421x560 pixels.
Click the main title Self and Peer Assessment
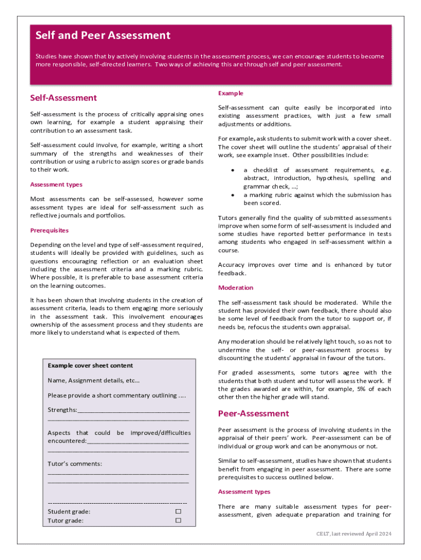point(103,36)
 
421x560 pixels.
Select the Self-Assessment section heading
point(63,98)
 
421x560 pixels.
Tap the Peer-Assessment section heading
point(253,413)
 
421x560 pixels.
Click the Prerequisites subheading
point(49,230)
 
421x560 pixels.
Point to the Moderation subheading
point(236,288)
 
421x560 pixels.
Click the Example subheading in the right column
point(231,94)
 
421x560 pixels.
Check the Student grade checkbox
point(178,511)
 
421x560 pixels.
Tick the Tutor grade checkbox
point(178,521)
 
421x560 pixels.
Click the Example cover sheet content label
point(90,365)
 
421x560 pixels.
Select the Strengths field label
point(62,410)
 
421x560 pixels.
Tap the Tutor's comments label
point(74,464)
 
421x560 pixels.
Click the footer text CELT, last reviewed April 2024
point(354,534)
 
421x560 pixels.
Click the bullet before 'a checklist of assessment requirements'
point(233,171)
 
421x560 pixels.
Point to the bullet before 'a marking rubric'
point(233,195)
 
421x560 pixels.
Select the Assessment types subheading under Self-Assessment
point(56,185)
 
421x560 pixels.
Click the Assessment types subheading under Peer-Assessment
point(244,492)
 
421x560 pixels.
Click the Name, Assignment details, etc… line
point(93,380)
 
